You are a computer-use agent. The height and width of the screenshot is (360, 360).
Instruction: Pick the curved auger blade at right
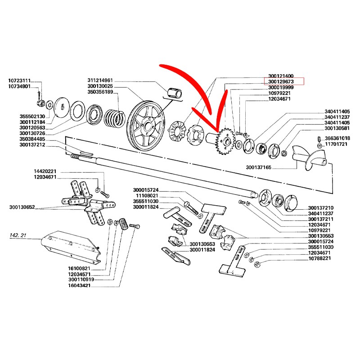[x=311, y=156]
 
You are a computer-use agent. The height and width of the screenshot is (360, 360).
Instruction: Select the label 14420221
[x=45, y=172]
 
